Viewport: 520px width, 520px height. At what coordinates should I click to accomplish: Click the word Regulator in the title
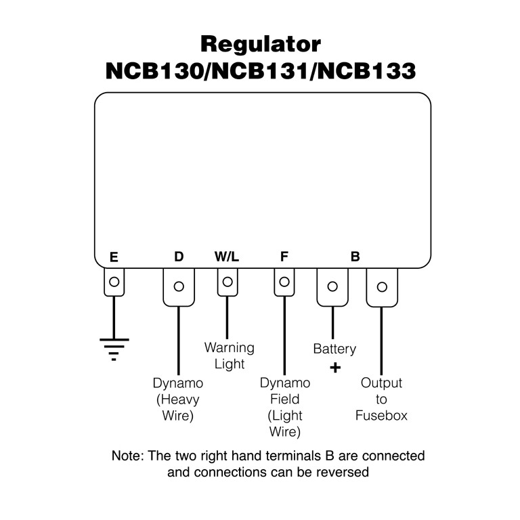261,45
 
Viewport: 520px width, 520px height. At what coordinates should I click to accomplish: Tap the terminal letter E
114,257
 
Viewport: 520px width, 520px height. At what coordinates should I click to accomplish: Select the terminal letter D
179,257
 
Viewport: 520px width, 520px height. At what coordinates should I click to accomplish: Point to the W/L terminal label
227,257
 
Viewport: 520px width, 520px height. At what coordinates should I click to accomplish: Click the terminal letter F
284,257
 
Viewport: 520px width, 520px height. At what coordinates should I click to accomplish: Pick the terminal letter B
355,257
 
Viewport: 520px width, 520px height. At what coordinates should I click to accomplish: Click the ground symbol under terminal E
114,347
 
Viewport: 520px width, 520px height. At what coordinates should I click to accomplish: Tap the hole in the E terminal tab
114,282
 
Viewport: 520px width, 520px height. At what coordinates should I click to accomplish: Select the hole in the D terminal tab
179,286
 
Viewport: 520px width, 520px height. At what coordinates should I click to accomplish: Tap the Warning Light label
230,356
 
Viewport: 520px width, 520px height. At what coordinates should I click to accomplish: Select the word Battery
334,349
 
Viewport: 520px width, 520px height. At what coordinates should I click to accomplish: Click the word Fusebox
381,415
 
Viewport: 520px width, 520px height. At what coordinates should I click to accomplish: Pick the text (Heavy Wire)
178,408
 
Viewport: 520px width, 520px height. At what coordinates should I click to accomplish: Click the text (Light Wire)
284,424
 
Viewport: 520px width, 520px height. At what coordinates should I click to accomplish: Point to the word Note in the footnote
127,456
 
